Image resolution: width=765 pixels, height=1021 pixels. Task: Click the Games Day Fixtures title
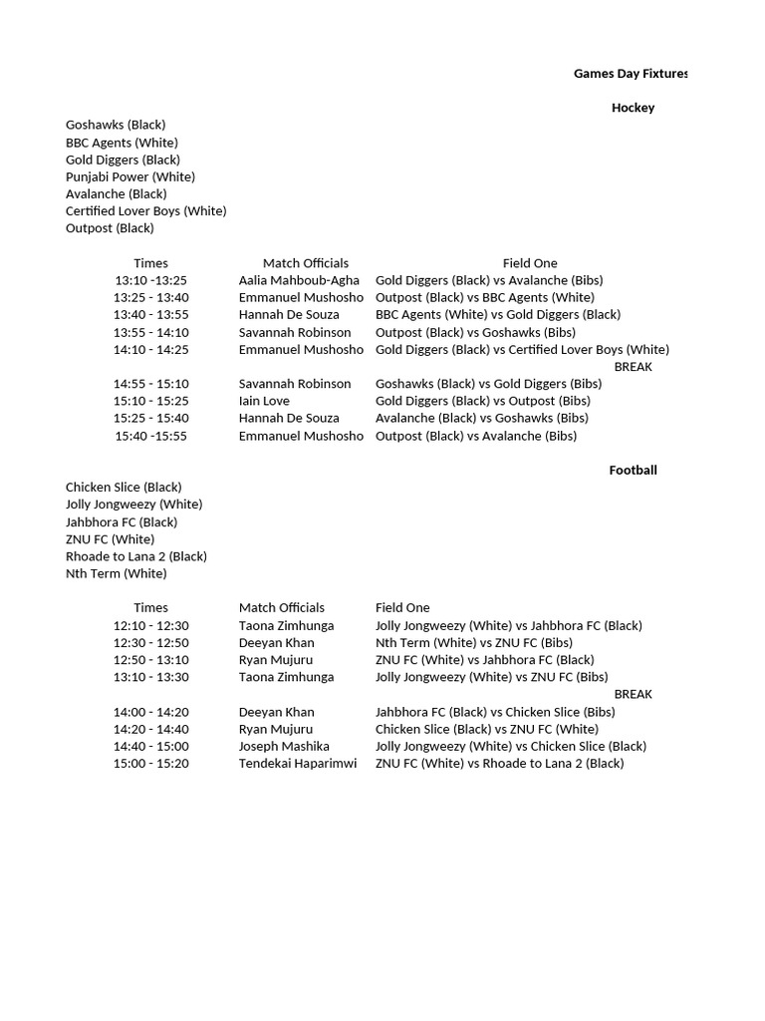pyautogui.click(x=631, y=74)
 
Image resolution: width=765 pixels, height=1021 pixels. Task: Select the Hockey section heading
pyautogui.click(x=633, y=108)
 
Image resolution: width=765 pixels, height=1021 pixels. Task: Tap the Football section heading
pyautogui.click(x=633, y=471)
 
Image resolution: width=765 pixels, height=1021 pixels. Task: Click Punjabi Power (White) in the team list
pyautogui.click(x=130, y=176)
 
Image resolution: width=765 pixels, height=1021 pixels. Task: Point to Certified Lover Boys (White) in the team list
pyautogui.click(x=146, y=211)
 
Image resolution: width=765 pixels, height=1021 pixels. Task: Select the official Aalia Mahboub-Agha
pyautogui.click(x=299, y=280)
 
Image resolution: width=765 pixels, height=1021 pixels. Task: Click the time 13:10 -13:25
pyautogui.click(x=151, y=280)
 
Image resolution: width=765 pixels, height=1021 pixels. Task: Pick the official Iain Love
pyautogui.click(x=264, y=401)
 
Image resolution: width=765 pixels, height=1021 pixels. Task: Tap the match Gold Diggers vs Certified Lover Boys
pyautogui.click(x=522, y=349)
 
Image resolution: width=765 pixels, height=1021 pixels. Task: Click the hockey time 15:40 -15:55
pyautogui.click(x=151, y=436)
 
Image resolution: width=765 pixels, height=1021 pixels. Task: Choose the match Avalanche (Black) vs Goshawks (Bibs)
pyautogui.click(x=482, y=418)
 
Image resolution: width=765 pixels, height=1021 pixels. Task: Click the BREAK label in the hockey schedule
pyautogui.click(x=633, y=367)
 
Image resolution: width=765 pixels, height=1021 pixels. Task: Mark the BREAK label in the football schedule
pyautogui.click(x=633, y=694)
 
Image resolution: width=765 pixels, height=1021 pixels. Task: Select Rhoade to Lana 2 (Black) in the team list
pyautogui.click(x=136, y=556)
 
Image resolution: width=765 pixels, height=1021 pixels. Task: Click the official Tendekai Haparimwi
pyautogui.click(x=298, y=764)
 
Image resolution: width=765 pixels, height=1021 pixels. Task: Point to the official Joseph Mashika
pyautogui.click(x=284, y=746)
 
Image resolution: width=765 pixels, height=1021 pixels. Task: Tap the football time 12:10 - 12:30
pyautogui.click(x=151, y=625)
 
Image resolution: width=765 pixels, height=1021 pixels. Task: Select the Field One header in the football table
pyautogui.click(x=402, y=607)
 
